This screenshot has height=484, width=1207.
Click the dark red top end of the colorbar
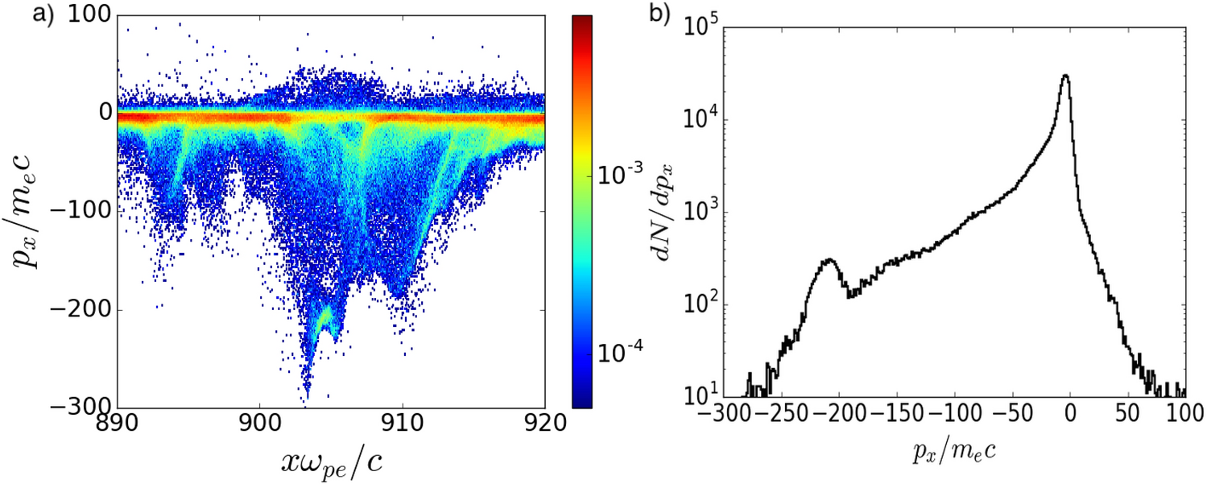[x=582, y=19]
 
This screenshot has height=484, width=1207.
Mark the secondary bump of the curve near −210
[x=829, y=260]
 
